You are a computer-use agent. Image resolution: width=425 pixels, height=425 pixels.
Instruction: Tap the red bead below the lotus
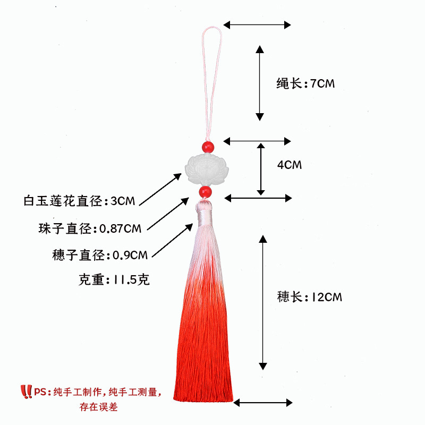pos(205,191)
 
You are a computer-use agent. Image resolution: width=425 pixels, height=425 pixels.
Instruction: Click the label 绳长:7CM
pos(305,83)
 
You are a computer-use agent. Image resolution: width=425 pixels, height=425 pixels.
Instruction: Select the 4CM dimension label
pos(290,165)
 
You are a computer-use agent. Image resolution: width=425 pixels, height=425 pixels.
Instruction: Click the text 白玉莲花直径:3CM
pos(80,201)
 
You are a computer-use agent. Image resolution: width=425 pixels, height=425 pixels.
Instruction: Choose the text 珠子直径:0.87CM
pos(90,228)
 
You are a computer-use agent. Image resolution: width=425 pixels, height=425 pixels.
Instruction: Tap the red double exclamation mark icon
pos(26,392)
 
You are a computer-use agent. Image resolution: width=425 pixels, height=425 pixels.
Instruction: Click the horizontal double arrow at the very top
pos(258,24)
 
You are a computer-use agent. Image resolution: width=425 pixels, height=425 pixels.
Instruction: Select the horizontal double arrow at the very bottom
pos(263,402)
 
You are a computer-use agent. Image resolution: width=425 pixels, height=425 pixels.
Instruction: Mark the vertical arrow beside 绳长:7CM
pos(259,82)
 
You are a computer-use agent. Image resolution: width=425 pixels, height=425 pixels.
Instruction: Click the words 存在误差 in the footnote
pos(99,407)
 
